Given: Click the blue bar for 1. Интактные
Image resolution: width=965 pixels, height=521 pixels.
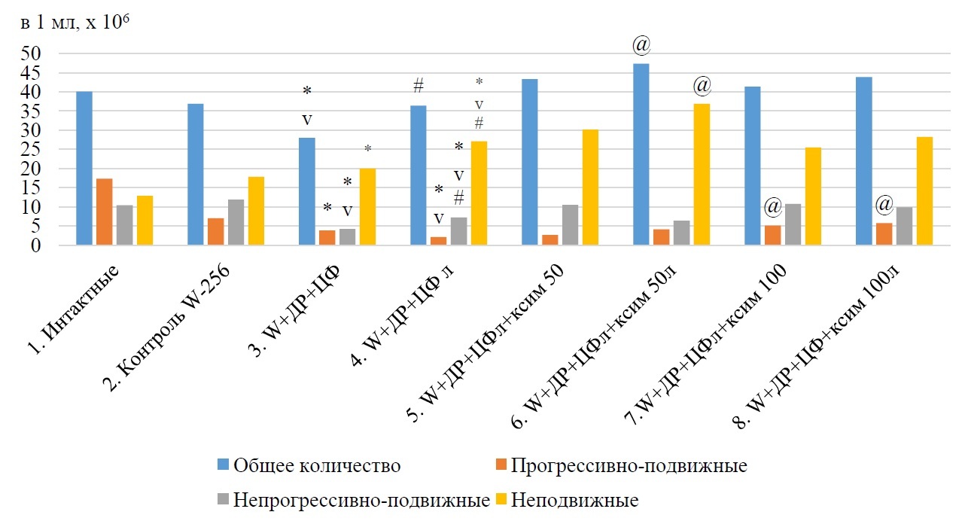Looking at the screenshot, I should pyautogui.click(x=84, y=168).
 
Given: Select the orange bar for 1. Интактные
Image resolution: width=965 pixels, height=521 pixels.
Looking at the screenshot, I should pyautogui.click(x=105, y=212).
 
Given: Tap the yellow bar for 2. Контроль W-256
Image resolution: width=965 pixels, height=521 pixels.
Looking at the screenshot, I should pyautogui.click(x=256, y=211).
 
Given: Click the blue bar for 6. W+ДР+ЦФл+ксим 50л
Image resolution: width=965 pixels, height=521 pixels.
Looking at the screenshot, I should pyautogui.click(x=641, y=154).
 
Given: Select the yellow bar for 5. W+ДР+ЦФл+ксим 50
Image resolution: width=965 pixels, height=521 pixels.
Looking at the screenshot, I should pyautogui.click(x=590, y=187).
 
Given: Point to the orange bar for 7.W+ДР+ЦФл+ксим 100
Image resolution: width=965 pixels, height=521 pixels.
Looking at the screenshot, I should pyautogui.click(x=773, y=235).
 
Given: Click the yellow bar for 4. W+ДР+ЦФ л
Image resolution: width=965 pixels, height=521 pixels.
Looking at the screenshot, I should pyautogui.click(x=479, y=193).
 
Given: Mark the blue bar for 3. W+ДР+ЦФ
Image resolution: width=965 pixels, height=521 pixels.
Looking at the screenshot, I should pyautogui.click(x=307, y=191).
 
